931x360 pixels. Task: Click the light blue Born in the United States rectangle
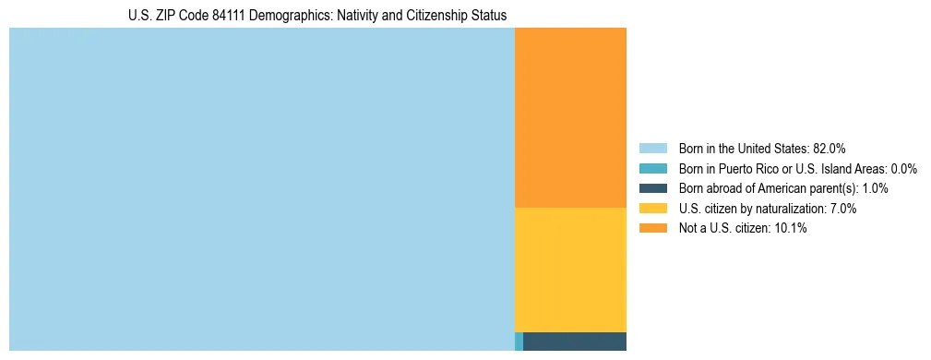[261, 189]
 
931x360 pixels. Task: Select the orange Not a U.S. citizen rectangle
[570, 117]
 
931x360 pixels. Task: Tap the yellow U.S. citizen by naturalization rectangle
[570, 270]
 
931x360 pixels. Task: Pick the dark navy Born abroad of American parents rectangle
[575, 342]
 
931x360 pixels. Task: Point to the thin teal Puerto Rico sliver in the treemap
[519, 342]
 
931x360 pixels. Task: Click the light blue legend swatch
[652, 148]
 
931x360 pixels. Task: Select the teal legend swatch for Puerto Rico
[652, 168]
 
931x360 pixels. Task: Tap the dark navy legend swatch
[652, 188]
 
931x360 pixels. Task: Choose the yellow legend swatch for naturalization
[652, 209]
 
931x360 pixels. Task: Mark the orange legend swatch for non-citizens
[652, 228]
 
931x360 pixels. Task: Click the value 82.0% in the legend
[829, 148]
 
